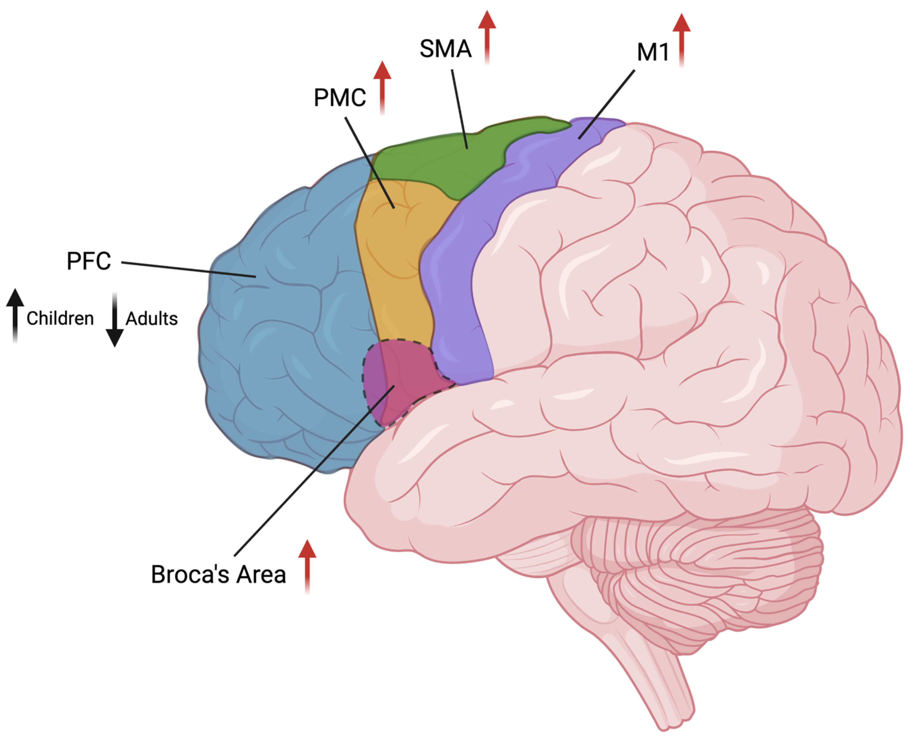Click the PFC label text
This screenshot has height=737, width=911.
tap(89, 261)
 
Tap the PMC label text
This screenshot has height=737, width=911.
tap(339, 98)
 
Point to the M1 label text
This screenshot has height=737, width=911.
tap(653, 52)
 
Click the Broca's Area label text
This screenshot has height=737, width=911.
tap(218, 574)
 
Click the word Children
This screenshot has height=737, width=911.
tap(60, 318)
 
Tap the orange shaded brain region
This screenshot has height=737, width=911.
tap(395, 255)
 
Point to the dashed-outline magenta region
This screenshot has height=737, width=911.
tap(404, 374)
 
